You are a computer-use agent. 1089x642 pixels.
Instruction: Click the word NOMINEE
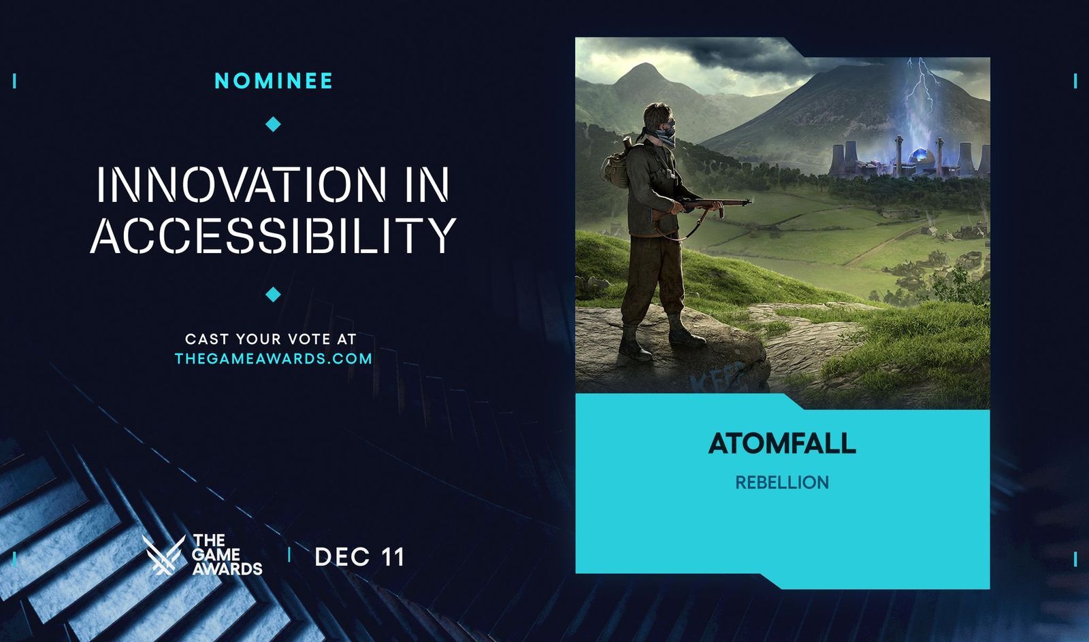click(x=274, y=81)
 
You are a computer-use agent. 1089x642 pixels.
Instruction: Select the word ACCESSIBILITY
click(x=273, y=235)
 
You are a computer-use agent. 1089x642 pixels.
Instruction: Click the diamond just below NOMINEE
click(x=274, y=124)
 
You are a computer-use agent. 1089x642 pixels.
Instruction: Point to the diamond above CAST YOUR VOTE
click(x=274, y=294)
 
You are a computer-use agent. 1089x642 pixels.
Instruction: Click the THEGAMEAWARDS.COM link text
click(x=274, y=358)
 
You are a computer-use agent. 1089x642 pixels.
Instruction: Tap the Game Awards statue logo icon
click(x=163, y=555)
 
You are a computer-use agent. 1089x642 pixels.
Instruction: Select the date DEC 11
click(x=359, y=558)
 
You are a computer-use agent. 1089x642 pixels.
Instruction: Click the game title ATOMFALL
click(x=782, y=443)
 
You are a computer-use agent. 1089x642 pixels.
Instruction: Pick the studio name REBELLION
click(x=782, y=483)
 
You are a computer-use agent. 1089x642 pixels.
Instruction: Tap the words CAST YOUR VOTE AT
click(x=271, y=339)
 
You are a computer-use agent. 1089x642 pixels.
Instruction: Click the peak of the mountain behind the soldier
click(x=644, y=66)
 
